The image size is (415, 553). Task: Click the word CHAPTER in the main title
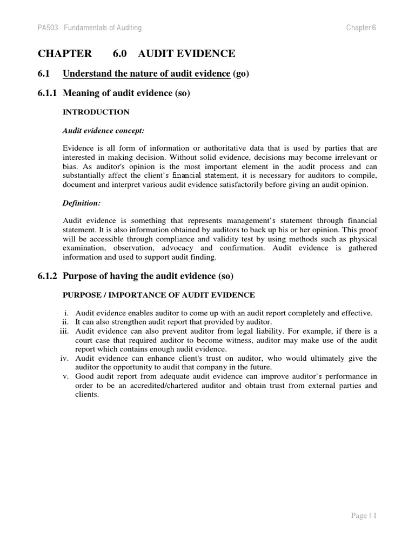pyautogui.click(x=65, y=53)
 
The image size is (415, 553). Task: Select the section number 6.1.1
pyautogui.click(x=48, y=93)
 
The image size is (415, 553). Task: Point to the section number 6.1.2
pyautogui.click(x=48, y=276)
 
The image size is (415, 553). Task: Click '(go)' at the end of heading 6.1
pyautogui.click(x=241, y=74)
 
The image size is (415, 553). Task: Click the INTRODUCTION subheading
pyautogui.click(x=96, y=112)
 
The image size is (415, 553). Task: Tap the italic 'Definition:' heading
pyautogui.click(x=82, y=204)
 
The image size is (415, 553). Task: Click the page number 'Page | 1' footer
pyautogui.click(x=363, y=516)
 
